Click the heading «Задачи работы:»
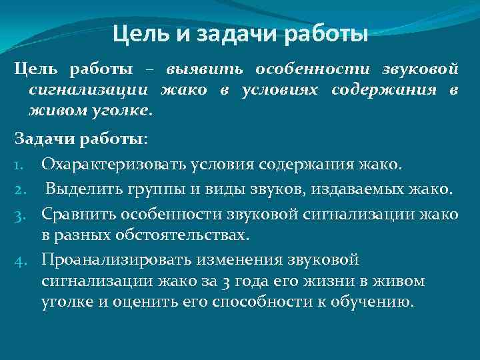click(81, 140)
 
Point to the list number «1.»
click(21, 163)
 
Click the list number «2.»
click(21, 191)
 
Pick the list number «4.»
click(21, 259)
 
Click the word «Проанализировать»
click(115, 259)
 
